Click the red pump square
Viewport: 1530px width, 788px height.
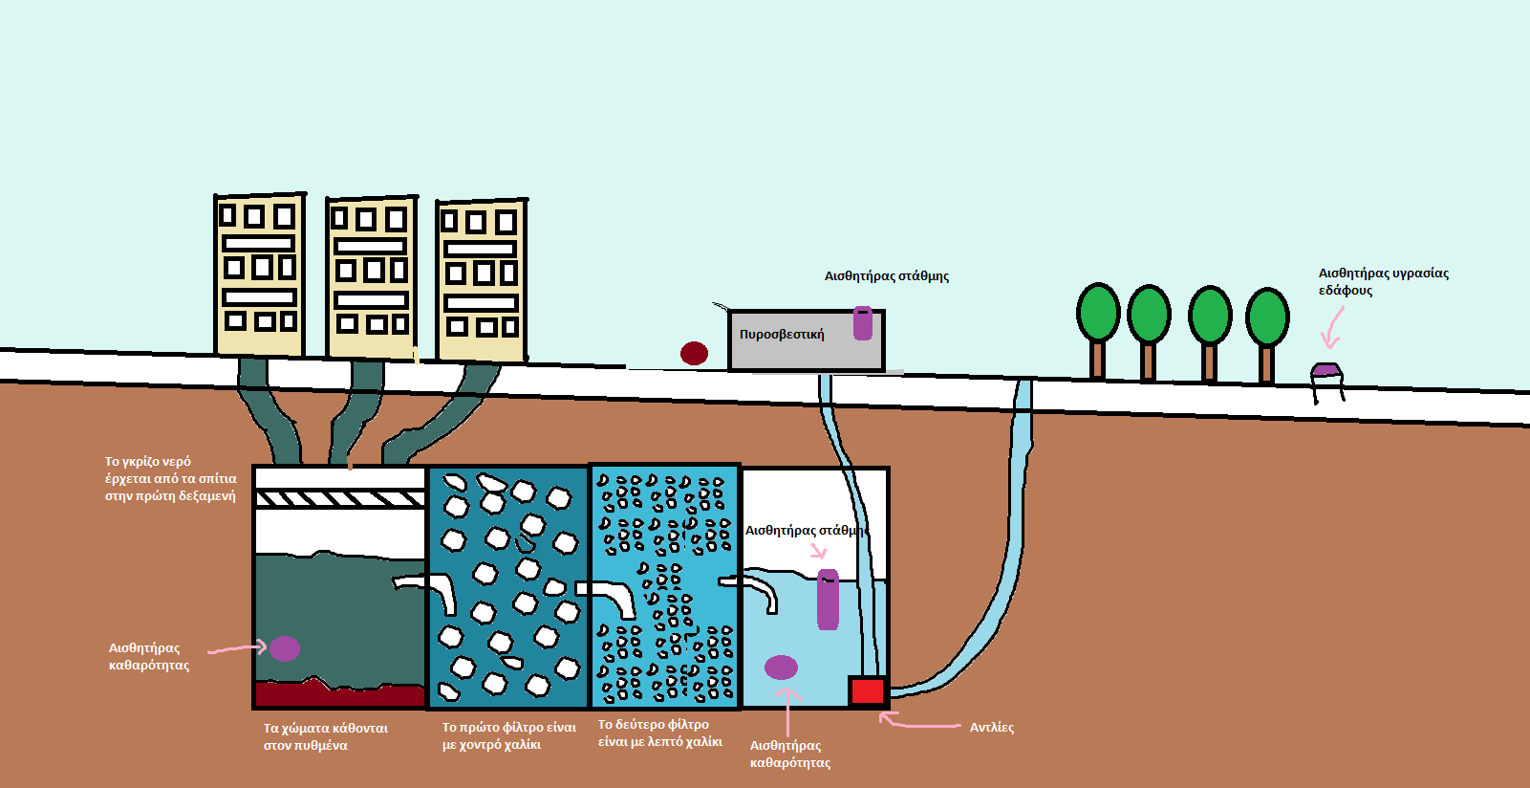pos(868,690)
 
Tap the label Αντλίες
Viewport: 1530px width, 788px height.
pos(991,728)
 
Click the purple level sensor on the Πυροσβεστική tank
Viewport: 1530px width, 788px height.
pos(863,323)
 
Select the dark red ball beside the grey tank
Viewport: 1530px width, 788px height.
pos(694,353)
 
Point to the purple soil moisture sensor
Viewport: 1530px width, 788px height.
pos(1326,371)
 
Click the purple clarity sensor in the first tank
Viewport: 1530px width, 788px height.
pos(284,648)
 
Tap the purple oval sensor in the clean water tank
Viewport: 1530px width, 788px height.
pos(781,667)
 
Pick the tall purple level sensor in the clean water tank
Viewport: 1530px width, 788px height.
pos(828,600)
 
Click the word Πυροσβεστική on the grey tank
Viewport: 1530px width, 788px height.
pos(781,335)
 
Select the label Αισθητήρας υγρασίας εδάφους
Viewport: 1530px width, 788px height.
pos(1382,281)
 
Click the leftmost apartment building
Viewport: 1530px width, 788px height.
pos(259,275)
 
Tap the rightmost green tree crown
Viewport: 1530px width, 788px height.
pos(1267,317)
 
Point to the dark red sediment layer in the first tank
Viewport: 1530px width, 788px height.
pos(339,693)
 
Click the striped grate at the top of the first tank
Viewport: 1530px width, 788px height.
pos(339,498)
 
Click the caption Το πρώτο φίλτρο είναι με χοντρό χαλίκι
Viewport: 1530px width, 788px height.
pos(508,735)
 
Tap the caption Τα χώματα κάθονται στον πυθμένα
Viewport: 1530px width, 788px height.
pos(325,736)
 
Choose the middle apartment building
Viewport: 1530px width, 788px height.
pos(371,277)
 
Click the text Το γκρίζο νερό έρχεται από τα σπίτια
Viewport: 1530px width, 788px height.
pos(170,478)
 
